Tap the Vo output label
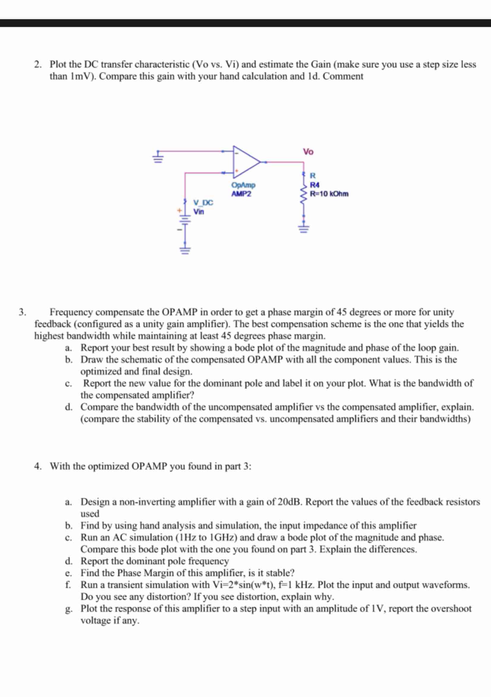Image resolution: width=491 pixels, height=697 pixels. click(308, 152)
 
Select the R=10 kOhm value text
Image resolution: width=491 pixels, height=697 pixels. click(329, 194)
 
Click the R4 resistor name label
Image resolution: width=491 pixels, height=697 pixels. click(314, 185)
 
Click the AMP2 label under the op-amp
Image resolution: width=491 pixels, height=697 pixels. click(241, 194)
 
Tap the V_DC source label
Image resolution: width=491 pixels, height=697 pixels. click(203, 202)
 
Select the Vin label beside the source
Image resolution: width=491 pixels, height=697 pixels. click(199, 212)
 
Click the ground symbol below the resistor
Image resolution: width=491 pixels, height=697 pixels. click(304, 228)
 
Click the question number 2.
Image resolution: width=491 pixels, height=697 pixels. click(37, 64)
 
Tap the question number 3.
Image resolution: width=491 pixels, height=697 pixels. click(22, 312)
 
